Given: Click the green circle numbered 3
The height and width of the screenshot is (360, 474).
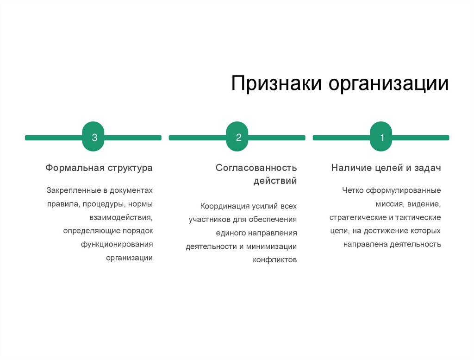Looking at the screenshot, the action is click(93, 138).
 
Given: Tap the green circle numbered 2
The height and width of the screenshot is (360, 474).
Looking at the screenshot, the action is click(237, 138).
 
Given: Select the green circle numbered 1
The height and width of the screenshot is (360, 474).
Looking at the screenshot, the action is click(381, 138).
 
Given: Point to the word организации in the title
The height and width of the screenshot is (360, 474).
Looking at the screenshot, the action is click(389, 84).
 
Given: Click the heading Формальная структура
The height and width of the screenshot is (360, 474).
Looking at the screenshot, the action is click(99, 168).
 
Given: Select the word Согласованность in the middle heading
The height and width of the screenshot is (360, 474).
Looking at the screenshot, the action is click(256, 168).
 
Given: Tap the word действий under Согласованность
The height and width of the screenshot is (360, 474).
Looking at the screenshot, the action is click(275, 181).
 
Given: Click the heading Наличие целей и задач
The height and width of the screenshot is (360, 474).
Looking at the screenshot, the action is click(386, 168).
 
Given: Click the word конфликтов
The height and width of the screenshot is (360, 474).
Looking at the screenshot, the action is click(274, 260).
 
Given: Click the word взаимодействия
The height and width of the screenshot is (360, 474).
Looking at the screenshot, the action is click(121, 217).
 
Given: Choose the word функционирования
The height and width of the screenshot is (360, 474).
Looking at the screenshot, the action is click(117, 244).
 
